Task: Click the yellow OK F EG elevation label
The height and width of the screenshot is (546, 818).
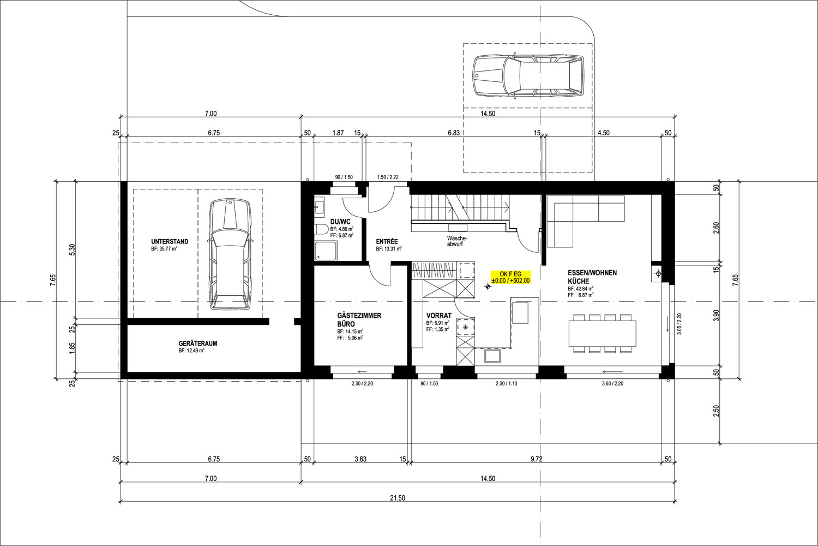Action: (x=510, y=277)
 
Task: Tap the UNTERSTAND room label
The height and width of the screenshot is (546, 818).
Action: (x=170, y=241)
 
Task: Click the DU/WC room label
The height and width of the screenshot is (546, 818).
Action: (x=340, y=222)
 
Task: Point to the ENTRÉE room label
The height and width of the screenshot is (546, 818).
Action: (x=387, y=241)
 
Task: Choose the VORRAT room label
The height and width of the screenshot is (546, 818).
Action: (x=439, y=315)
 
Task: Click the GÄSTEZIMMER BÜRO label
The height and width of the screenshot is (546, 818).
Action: (x=359, y=319)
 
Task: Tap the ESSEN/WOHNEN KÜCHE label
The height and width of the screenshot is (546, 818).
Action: (x=592, y=277)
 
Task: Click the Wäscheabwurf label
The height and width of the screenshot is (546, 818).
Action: (x=457, y=241)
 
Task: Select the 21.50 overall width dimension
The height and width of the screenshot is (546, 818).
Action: (x=398, y=498)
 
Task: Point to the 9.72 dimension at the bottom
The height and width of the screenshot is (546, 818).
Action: (x=537, y=459)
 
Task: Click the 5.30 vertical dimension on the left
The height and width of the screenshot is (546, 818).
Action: (x=72, y=250)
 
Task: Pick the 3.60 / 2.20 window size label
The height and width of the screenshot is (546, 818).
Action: (x=613, y=384)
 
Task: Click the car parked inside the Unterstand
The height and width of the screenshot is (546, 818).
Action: (x=230, y=254)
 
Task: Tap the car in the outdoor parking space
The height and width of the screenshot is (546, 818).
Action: (x=527, y=76)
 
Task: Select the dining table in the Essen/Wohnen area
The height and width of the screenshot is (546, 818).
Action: (x=602, y=333)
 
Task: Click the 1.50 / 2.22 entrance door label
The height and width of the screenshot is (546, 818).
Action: (x=388, y=177)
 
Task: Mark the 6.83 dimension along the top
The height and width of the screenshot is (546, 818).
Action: (x=454, y=133)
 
